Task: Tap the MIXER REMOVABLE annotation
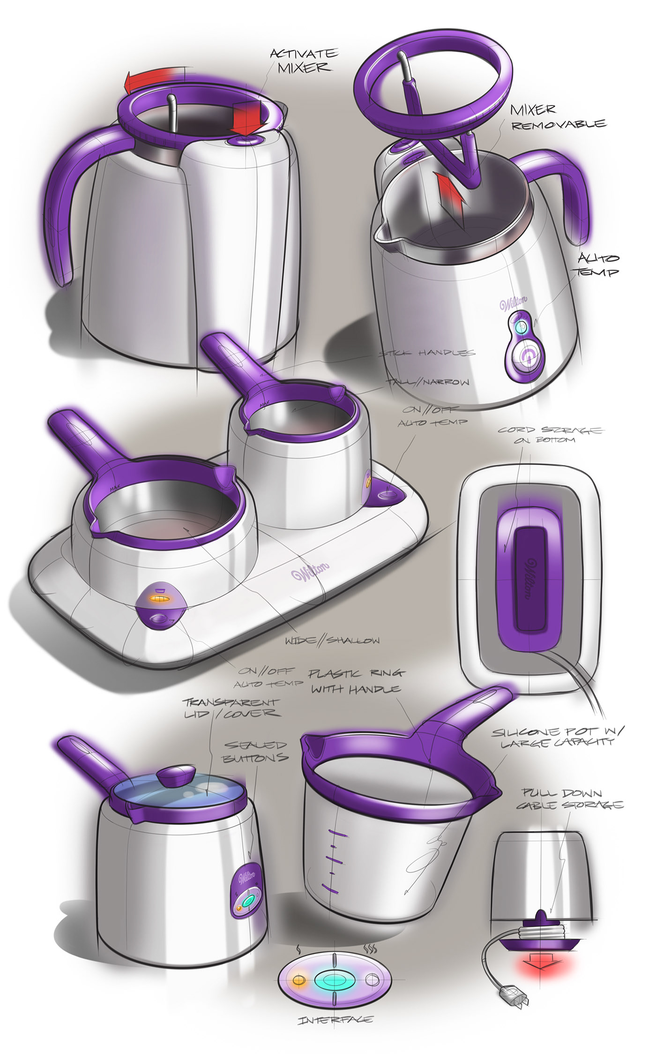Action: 558,117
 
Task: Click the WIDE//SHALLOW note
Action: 332,640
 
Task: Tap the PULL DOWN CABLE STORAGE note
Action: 570,799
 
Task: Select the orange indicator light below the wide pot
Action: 159,599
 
